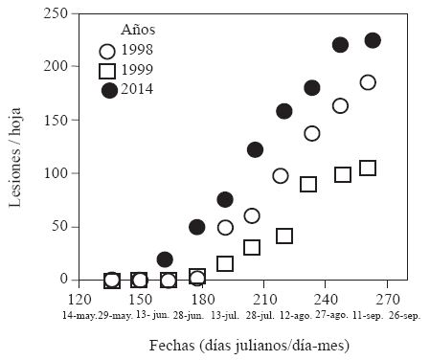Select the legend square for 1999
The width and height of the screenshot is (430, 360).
pos(107,71)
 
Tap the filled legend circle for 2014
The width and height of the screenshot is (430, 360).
pos(109,89)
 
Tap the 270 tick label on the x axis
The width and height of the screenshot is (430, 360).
pos(387,297)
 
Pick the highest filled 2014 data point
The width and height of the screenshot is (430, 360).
pos(373,40)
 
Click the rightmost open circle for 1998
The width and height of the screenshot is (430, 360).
pos(368,82)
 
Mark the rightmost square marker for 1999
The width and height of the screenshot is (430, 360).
pos(367,169)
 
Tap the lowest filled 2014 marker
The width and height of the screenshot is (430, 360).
pos(165,259)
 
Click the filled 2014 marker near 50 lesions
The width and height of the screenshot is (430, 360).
pos(197,227)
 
